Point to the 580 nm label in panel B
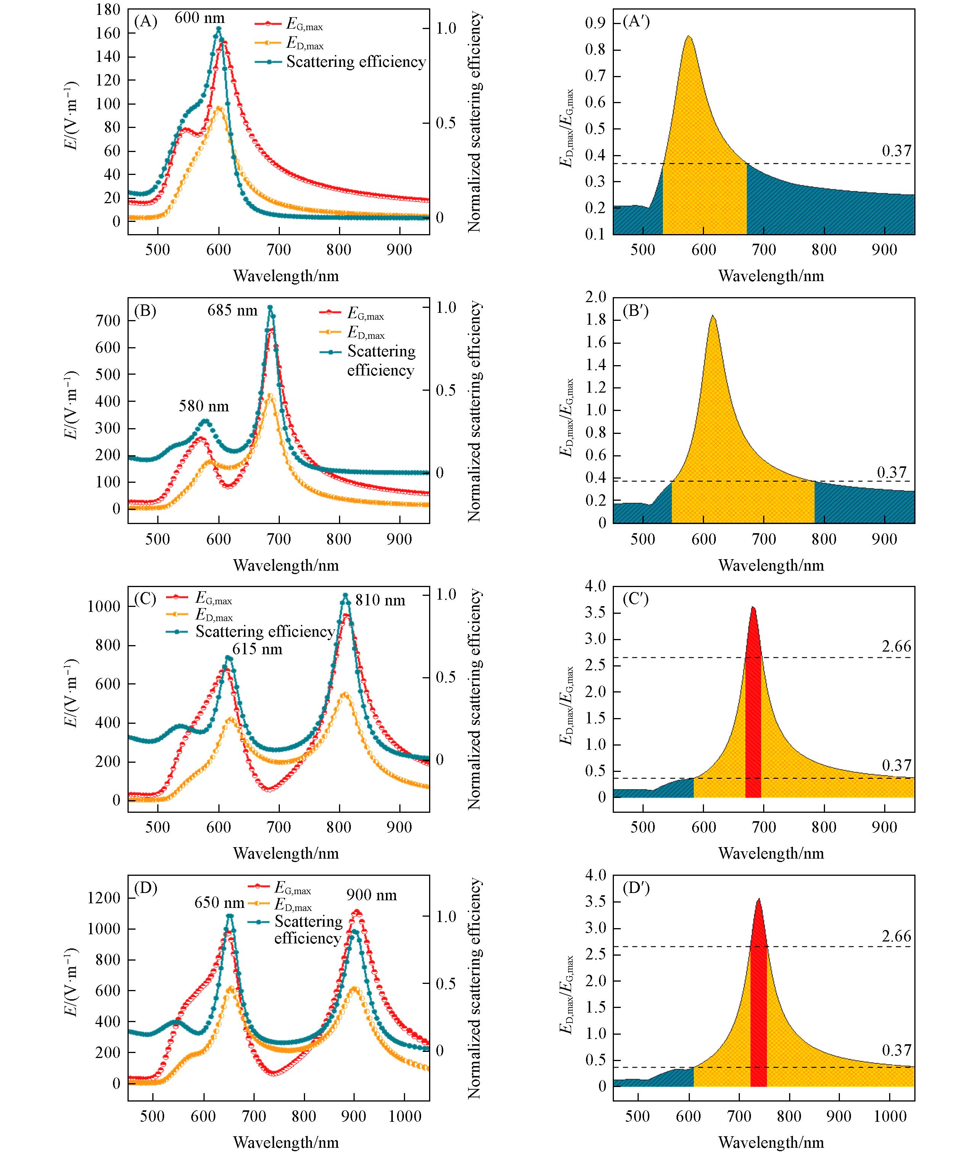(203, 406)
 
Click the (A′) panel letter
(636, 22)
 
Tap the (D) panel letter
(145, 888)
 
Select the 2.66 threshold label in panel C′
(896, 646)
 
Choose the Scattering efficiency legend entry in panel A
(355, 62)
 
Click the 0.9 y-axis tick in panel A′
(595, 23)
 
